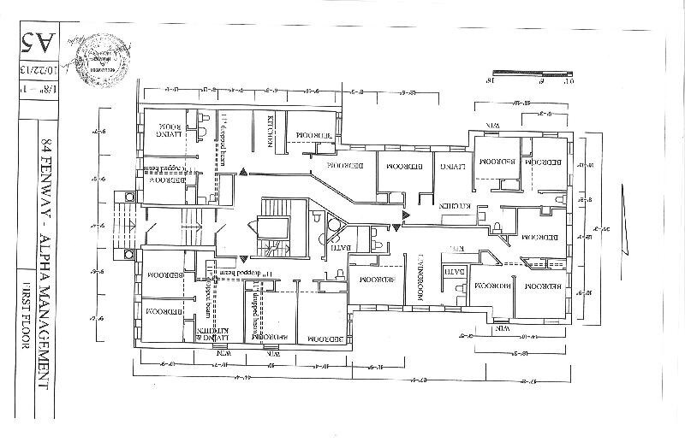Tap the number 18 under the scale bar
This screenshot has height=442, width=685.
(491, 83)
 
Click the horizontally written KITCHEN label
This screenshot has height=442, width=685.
(454, 206)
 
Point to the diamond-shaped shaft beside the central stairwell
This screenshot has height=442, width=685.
(334, 226)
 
